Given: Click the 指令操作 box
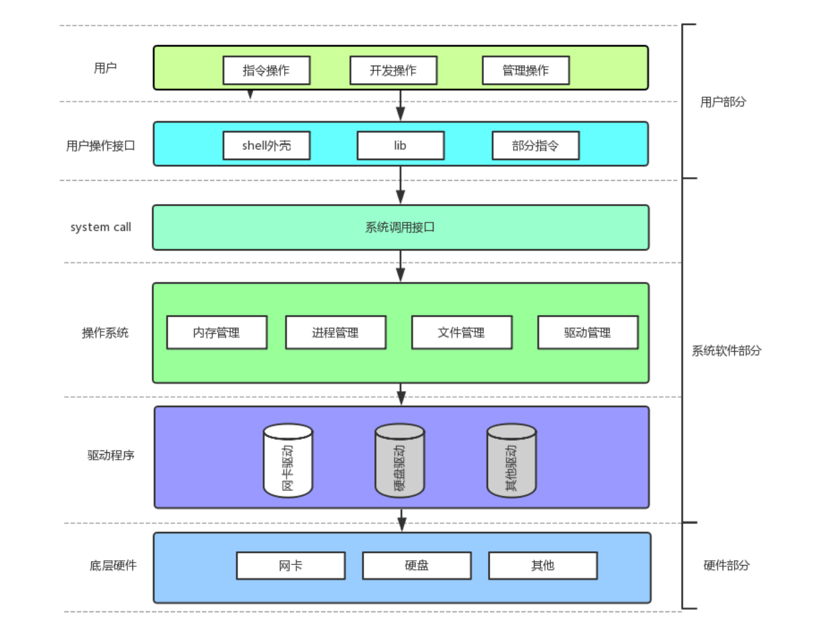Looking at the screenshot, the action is click(x=267, y=70).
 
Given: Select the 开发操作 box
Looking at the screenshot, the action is click(x=393, y=70).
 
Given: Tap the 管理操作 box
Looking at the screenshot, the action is click(x=525, y=70).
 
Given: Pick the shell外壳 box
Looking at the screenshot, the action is click(x=267, y=145).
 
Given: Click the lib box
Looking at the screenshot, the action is click(x=401, y=145).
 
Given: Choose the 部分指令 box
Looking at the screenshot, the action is click(x=536, y=145).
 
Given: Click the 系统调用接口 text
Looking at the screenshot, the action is click(x=400, y=227).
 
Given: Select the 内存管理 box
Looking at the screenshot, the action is click(x=217, y=333).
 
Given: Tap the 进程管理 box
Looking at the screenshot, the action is click(x=336, y=333).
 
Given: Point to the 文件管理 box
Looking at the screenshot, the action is click(x=462, y=333).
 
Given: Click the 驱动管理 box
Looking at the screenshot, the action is click(x=588, y=333).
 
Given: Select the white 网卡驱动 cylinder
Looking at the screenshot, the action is click(x=288, y=460).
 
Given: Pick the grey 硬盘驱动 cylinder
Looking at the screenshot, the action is click(x=400, y=460).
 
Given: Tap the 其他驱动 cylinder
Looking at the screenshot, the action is click(x=512, y=460).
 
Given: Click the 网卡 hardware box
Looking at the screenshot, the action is click(x=290, y=565).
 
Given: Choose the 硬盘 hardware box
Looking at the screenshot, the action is click(x=417, y=565).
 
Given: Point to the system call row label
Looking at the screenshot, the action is click(x=101, y=227).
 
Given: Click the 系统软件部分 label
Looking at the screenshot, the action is click(x=726, y=351).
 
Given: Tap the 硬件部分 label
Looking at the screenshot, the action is click(x=726, y=565).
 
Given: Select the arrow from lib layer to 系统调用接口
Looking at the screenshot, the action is click(x=401, y=185).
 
